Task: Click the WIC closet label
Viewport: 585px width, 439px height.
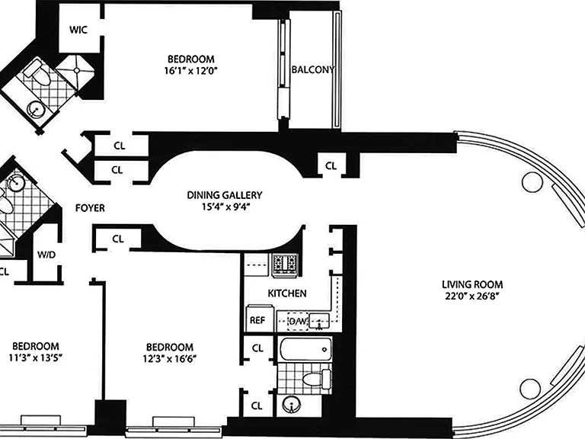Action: pyautogui.click(x=78, y=30)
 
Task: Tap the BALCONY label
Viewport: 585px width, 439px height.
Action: pyautogui.click(x=312, y=70)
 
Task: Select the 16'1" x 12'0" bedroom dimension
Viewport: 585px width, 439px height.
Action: pyautogui.click(x=190, y=71)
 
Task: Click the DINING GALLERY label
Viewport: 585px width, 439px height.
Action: pyautogui.click(x=225, y=195)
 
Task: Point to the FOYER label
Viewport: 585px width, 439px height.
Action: pyautogui.click(x=90, y=208)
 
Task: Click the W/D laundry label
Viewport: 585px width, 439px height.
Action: pyautogui.click(x=46, y=255)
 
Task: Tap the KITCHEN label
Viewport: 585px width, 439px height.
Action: pyautogui.click(x=287, y=293)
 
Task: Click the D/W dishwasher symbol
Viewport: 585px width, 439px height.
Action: pyautogui.click(x=298, y=321)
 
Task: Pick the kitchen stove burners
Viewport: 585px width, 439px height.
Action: pyautogui.click(x=286, y=264)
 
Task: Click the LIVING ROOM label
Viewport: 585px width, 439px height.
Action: pyautogui.click(x=472, y=284)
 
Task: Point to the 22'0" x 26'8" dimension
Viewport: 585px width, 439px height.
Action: pyautogui.click(x=472, y=296)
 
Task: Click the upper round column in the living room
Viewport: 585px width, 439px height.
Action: pyautogui.click(x=532, y=183)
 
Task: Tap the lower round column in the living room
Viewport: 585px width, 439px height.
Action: pyautogui.click(x=530, y=389)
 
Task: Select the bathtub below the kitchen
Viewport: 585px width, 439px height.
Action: pyautogui.click(x=305, y=350)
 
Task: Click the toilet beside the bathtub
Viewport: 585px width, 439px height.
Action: pyautogui.click(x=316, y=380)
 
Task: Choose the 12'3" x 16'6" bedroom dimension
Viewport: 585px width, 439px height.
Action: pyautogui.click(x=170, y=359)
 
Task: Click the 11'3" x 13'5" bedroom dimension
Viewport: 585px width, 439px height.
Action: pyautogui.click(x=36, y=357)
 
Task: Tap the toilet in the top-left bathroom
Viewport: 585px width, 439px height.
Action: pyautogui.click(x=38, y=75)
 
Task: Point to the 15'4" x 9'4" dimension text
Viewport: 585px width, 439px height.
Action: pyautogui.click(x=225, y=207)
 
